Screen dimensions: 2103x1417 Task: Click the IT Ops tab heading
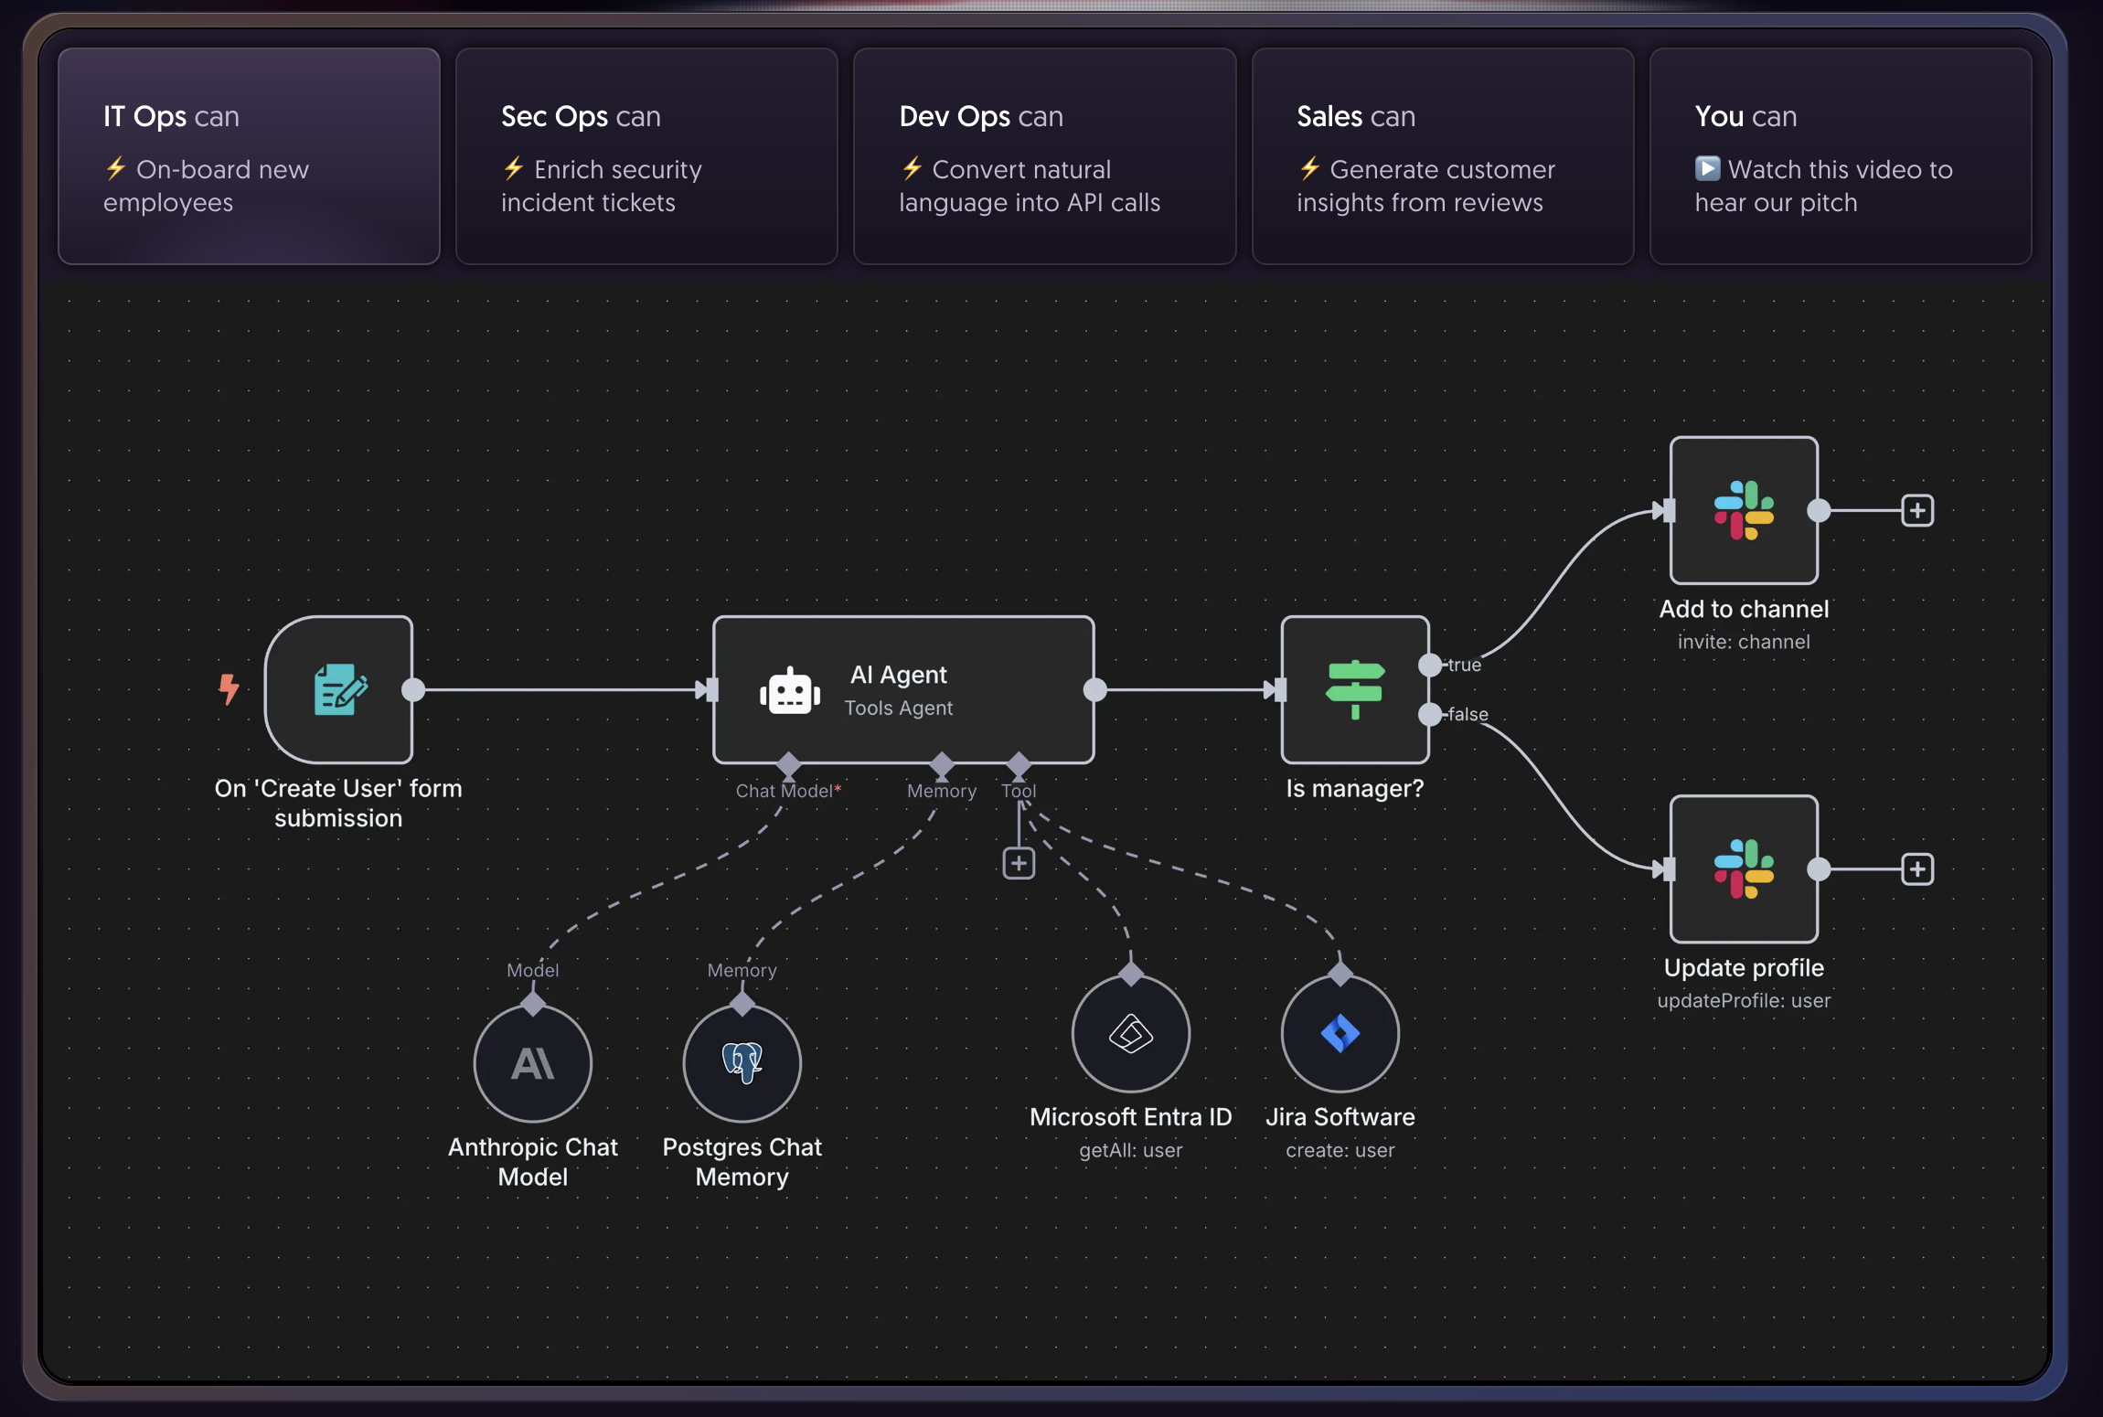point(171,117)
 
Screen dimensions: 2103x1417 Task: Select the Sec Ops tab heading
point(581,117)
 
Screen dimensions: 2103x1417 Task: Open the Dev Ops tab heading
point(981,117)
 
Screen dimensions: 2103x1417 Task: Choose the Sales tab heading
point(1356,117)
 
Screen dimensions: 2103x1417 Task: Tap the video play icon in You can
point(1707,169)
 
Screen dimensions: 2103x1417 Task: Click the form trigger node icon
point(340,689)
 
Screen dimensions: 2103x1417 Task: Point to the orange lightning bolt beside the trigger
point(229,688)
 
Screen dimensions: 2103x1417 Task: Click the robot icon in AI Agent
point(790,690)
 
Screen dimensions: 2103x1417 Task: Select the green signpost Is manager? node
point(1355,689)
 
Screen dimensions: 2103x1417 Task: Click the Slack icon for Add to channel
point(1744,510)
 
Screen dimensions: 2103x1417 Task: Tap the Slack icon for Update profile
point(1744,868)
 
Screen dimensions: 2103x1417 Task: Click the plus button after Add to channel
point(1917,510)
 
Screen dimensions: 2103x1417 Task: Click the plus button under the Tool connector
point(1019,863)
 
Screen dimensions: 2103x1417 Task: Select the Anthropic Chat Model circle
point(533,1063)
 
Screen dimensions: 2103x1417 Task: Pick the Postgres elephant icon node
point(742,1063)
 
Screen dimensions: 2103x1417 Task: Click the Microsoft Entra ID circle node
point(1131,1033)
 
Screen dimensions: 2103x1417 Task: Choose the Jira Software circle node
point(1340,1033)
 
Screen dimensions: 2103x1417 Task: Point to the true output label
point(1465,665)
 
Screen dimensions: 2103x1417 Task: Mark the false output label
point(1468,714)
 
